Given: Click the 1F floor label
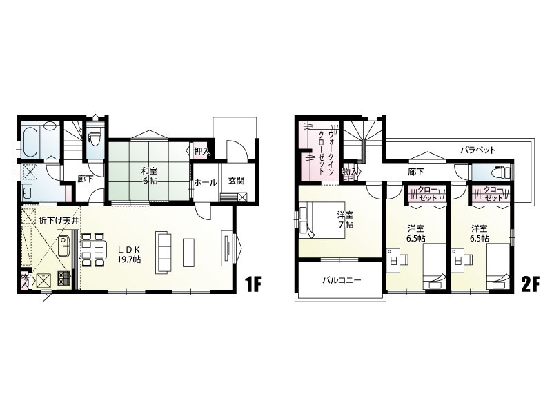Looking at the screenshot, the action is tap(252, 284).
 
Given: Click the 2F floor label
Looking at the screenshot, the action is tap(530, 284).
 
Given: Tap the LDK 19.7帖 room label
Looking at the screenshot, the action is tap(129, 255).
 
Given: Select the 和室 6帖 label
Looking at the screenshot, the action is tap(149, 176).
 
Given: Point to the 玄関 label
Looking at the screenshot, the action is tap(236, 181).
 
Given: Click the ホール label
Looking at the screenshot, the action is tap(206, 182).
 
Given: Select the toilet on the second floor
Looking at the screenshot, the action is tap(502, 172).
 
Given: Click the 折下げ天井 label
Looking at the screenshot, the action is tap(59, 220).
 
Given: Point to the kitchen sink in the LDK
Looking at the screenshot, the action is tap(63, 246).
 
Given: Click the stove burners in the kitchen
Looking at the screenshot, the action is tap(63, 278).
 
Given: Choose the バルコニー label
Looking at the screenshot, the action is tap(342, 281).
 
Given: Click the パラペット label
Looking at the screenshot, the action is tap(478, 150).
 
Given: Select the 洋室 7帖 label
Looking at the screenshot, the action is tap(345, 220).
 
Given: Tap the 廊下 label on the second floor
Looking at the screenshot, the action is tap(416, 172).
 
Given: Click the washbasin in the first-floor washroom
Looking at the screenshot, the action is tap(27, 193).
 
